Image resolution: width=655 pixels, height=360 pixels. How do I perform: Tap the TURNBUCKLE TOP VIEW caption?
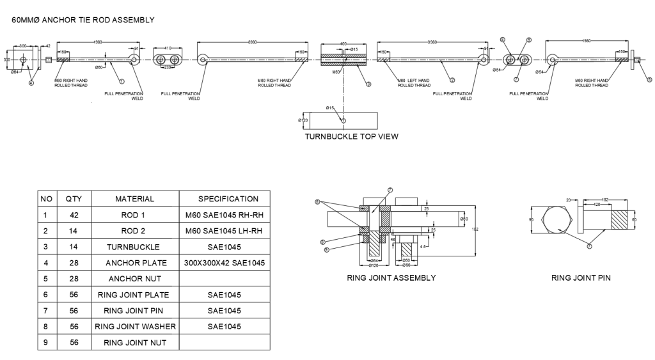[x=351, y=136]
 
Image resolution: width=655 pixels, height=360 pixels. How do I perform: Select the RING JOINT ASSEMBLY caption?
[x=391, y=278]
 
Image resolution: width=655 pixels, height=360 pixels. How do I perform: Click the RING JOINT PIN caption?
[x=581, y=278]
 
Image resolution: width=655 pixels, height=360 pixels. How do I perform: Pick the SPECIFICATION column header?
[x=228, y=199]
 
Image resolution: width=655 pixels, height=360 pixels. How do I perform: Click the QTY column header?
[x=74, y=199]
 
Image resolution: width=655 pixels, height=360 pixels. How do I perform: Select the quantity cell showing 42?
[x=74, y=215]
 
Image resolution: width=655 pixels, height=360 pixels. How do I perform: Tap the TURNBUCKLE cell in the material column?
[x=134, y=246]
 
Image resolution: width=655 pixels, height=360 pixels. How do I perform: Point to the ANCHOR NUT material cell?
[x=134, y=279]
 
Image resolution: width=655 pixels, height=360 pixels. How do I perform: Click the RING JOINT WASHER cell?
[x=134, y=327]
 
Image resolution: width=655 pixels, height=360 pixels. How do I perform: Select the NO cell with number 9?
[x=46, y=343]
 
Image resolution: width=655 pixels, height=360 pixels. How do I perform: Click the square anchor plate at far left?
[x=23, y=60]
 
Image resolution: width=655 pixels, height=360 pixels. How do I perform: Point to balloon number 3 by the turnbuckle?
[x=368, y=84]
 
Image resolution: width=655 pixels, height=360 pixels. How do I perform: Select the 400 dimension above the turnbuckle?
[x=343, y=44]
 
